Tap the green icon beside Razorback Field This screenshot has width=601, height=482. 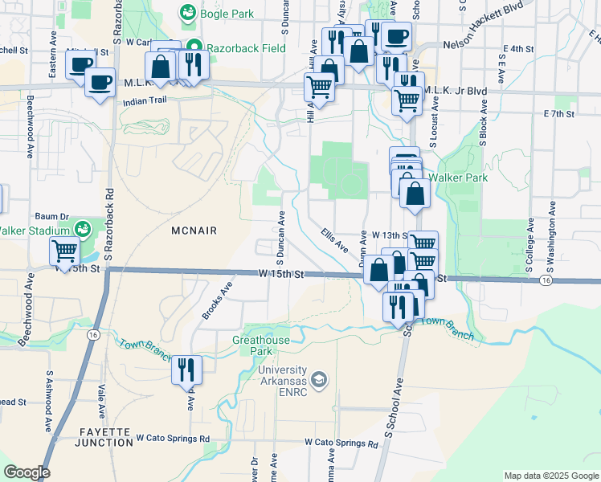(x=193, y=48)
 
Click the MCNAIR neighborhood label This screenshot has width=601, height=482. (x=194, y=230)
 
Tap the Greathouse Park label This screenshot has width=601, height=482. (x=262, y=345)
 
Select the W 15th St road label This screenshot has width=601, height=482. (x=281, y=274)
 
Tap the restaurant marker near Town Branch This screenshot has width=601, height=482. (x=186, y=370)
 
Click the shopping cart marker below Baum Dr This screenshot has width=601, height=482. (x=64, y=251)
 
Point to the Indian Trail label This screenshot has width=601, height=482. (x=144, y=102)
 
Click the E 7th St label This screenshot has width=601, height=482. (x=558, y=114)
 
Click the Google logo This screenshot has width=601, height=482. (x=27, y=472)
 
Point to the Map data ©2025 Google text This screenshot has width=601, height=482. (x=550, y=476)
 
